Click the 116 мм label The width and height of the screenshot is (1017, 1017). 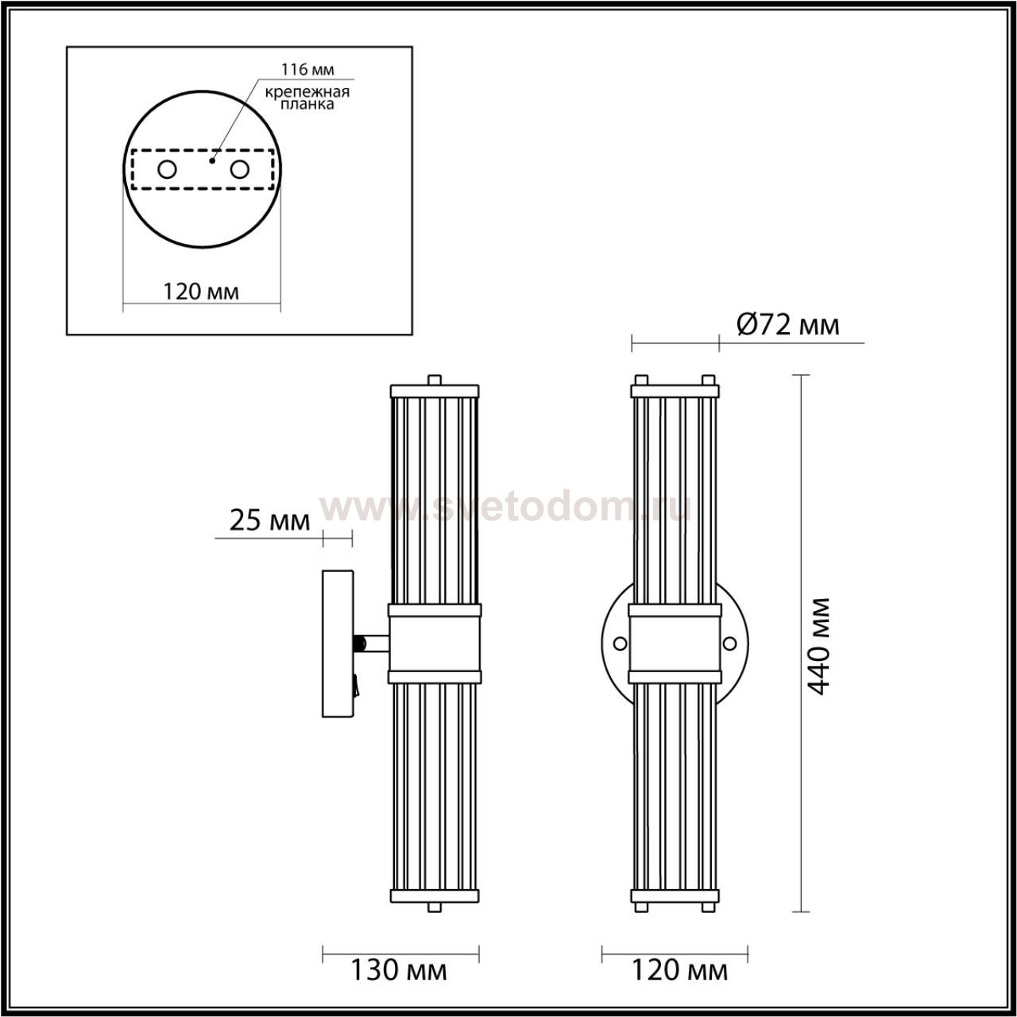(x=307, y=69)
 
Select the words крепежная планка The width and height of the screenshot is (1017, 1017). (x=307, y=98)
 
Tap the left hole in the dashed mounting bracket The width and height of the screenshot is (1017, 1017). (x=168, y=170)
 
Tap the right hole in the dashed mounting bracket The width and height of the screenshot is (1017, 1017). (x=240, y=170)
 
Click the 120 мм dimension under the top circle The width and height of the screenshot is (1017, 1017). (x=201, y=292)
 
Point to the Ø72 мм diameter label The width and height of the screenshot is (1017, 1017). (x=788, y=325)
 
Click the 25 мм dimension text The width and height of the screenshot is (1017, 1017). (x=269, y=521)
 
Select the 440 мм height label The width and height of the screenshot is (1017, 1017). (x=820, y=647)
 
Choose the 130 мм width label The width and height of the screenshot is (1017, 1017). (x=399, y=970)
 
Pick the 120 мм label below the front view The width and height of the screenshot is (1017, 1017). (x=680, y=970)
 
